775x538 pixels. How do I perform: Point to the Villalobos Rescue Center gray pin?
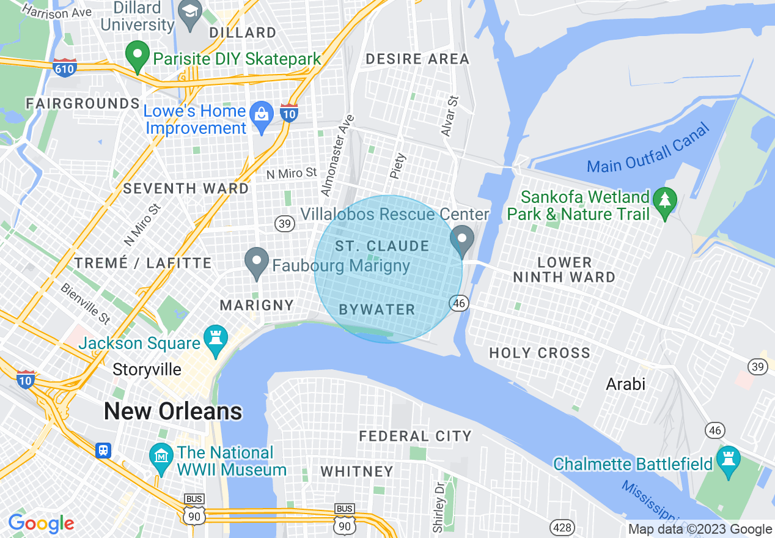[x=462, y=240]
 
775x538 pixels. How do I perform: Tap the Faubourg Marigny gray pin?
[x=257, y=262]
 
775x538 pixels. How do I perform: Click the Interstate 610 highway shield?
[x=64, y=68]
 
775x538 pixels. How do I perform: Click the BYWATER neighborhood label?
[x=376, y=309]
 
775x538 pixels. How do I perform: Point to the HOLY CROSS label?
[x=540, y=353]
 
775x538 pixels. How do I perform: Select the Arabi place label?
[x=625, y=384]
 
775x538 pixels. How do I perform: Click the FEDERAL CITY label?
[x=415, y=436]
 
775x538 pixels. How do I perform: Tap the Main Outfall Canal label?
[x=649, y=149]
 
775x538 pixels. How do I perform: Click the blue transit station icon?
[x=103, y=451]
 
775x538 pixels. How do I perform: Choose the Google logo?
[x=40, y=524]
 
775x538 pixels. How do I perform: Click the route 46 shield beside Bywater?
[x=460, y=302]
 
